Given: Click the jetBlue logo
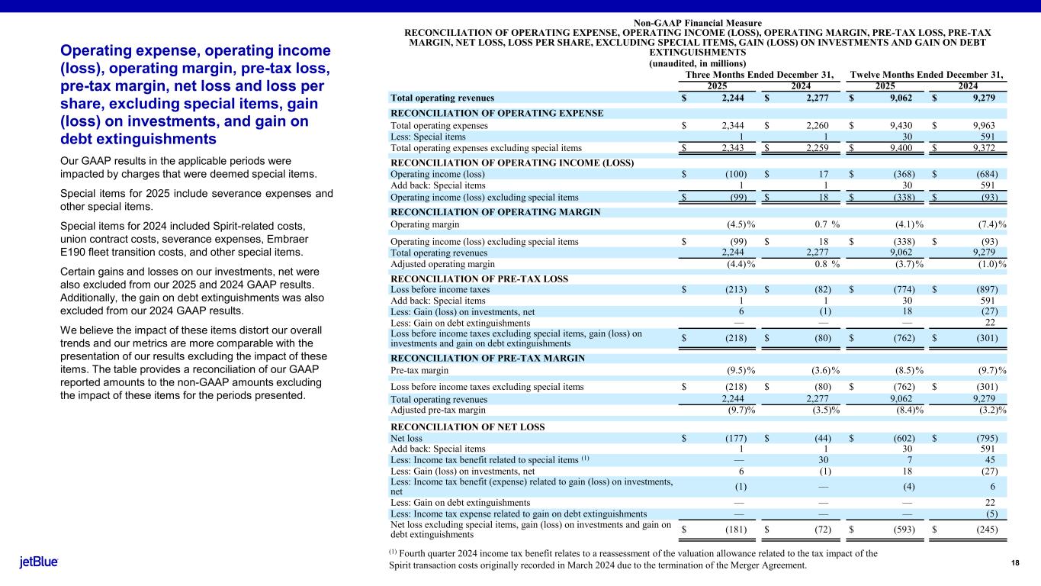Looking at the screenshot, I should pos(38,562).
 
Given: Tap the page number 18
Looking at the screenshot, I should pos(1015,562).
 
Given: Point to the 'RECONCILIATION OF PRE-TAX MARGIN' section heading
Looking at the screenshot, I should pos(487,358).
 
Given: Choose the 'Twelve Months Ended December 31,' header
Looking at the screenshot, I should pos(927,74).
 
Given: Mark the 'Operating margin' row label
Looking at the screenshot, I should pos(425,224).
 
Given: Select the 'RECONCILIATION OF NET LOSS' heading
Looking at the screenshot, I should pos(467,427).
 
